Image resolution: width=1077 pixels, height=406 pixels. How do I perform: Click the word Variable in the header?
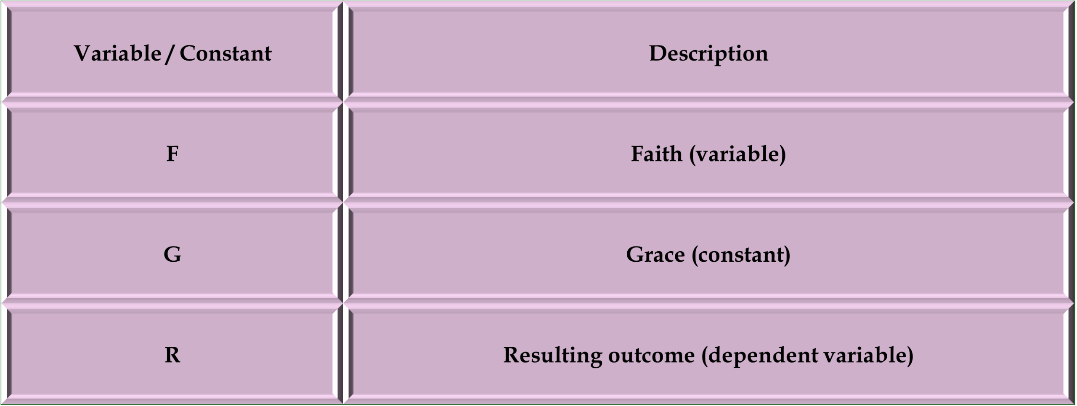[x=117, y=53]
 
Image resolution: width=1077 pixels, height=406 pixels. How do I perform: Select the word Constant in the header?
[x=225, y=53]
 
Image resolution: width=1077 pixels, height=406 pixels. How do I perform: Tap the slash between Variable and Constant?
[x=169, y=55]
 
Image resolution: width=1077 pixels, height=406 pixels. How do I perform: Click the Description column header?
[x=708, y=53]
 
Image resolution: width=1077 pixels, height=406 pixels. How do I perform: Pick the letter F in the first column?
[x=172, y=154]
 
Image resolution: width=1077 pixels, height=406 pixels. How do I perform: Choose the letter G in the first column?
[x=172, y=254]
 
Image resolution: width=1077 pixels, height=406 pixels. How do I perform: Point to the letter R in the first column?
[x=172, y=355]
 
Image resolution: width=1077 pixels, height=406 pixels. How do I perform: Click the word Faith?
[x=656, y=154]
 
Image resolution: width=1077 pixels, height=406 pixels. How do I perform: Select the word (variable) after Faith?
[x=737, y=154]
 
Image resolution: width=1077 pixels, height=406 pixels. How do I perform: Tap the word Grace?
[x=655, y=254]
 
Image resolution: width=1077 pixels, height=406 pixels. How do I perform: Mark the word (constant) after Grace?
[x=741, y=255]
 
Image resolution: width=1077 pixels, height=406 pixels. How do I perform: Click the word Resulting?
[x=553, y=355]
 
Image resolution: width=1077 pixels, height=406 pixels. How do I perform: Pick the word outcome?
[x=651, y=355]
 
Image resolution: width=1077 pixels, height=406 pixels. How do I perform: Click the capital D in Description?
[x=657, y=53]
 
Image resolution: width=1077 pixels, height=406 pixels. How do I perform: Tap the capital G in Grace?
[x=635, y=254]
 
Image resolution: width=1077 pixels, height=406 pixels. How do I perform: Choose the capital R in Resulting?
[x=512, y=355]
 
